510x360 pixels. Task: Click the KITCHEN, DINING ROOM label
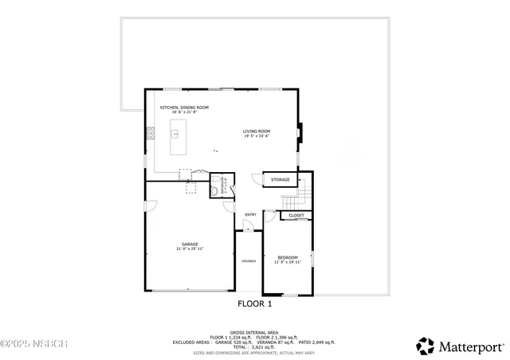[x=184, y=108]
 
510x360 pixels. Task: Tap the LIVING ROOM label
[x=257, y=131]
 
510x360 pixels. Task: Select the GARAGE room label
[x=190, y=245]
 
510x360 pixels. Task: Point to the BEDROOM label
[x=288, y=257]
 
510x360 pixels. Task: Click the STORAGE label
[x=280, y=180]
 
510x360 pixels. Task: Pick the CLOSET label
[x=296, y=215]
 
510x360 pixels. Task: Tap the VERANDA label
[x=249, y=260]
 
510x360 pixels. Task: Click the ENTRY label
[x=250, y=214]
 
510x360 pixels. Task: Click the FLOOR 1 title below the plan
[x=255, y=303]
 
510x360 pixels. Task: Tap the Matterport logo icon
[x=426, y=346]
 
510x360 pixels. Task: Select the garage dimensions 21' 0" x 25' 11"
[x=190, y=249]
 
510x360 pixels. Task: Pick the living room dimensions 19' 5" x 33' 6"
[x=257, y=136]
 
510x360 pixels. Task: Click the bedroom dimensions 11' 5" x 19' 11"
[x=288, y=262]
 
